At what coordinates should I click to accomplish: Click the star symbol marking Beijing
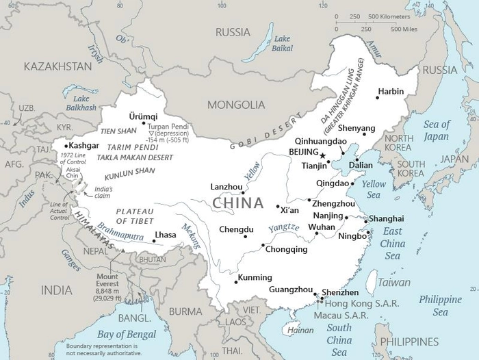coord(323,156)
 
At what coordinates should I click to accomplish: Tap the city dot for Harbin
coord(377,97)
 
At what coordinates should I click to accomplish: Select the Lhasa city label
coord(166,235)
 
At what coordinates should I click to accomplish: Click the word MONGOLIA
coord(237,105)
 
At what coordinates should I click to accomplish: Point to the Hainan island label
coord(301,330)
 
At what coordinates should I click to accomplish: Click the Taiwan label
coord(395,281)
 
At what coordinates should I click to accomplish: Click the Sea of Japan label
coord(437,129)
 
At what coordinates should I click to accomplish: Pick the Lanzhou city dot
coord(243,192)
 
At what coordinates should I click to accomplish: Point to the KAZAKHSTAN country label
coord(57,66)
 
